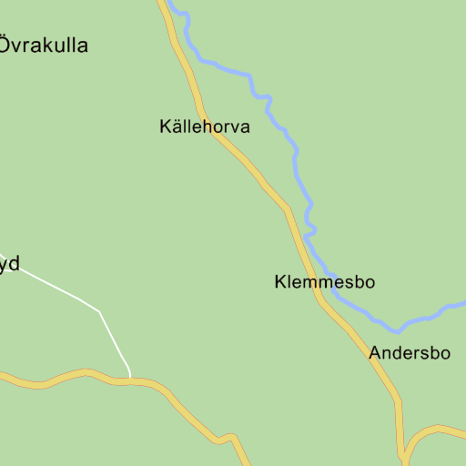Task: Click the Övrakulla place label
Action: (44, 45)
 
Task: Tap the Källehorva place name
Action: (204, 127)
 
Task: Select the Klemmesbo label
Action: (324, 282)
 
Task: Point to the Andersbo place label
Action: (410, 353)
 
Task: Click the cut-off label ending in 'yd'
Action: (9, 265)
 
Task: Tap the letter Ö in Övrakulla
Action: (5, 44)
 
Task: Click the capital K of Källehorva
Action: (165, 127)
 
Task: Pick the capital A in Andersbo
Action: (375, 353)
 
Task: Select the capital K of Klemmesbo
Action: (280, 282)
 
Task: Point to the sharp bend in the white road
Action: (99, 311)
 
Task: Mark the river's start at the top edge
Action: (170, 3)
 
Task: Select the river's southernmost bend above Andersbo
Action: (396, 330)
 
